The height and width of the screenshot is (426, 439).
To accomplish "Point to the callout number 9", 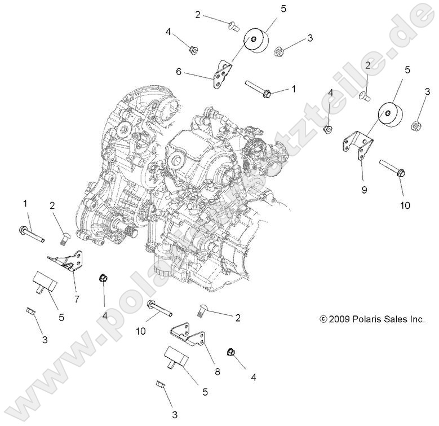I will (x=364, y=190).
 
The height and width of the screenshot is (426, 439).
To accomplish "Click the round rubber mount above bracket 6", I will (x=257, y=43).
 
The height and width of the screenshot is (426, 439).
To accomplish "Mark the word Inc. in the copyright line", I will (x=415, y=319).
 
